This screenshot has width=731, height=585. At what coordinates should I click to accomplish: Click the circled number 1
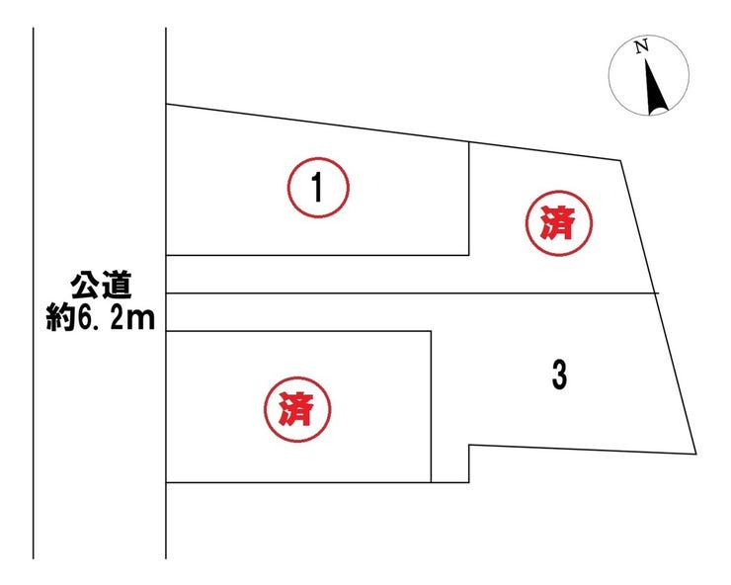point(318,188)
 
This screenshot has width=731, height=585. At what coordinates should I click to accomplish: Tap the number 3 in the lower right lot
point(559,376)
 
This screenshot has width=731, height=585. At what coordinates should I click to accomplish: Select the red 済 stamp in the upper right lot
point(558,223)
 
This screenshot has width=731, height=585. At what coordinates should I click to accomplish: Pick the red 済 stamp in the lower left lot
point(297,409)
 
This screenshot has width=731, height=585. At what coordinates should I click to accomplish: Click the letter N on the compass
point(642,46)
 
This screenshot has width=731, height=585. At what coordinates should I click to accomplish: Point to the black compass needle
point(656,86)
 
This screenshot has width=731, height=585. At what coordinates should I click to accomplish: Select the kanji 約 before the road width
point(60,318)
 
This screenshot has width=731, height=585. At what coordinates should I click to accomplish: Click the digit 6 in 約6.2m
point(86,318)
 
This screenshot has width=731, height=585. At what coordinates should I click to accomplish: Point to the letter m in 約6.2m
point(141,321)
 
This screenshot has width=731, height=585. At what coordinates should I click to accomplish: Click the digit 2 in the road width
point(117,318)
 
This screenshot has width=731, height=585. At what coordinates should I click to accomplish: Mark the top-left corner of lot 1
point(166,105)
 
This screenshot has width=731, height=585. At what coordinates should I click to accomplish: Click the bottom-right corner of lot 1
point(468,255)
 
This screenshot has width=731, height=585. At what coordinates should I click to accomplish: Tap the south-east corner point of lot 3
point(696,454)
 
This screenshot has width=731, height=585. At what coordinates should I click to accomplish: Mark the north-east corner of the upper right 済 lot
point(620,160)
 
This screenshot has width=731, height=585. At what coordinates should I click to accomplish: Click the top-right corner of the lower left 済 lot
point(432,331)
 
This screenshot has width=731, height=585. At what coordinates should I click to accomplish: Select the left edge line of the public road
point(34,292)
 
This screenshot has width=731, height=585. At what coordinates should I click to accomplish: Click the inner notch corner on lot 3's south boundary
point(469,445)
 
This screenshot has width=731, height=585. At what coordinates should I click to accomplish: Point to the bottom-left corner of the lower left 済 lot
point(166,482)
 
